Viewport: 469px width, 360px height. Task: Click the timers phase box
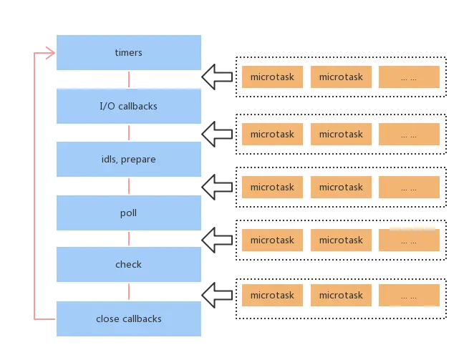click(x=129, y=52)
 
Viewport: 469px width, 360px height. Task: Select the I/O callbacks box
click(x=129, y=106)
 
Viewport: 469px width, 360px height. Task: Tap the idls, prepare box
click(x=129, y=159)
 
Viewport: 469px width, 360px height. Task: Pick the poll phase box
click(x=129, y=213)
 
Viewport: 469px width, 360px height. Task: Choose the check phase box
click(x=129, y=264)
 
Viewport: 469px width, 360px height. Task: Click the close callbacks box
click(x=129, y=318)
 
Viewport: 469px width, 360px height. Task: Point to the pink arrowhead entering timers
click(x=49, y=52)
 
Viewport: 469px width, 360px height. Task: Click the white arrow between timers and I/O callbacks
click(x=217, y=77)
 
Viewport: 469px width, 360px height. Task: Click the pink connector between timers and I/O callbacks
click(x=129, y=79)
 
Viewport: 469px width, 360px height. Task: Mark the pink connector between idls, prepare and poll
click(x=129, y=186)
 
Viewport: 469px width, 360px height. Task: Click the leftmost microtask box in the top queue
click(x=272, y=77)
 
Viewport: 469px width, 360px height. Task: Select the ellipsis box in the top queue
click(x=409, y=77)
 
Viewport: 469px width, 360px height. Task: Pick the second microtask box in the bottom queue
click(x=341, y=295)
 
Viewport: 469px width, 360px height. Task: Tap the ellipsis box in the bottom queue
click(x=409, y=295)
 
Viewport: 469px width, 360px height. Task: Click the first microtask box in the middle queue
click(x=272, y=187)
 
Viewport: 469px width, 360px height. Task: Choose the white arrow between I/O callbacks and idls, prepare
click(x=217, y=133)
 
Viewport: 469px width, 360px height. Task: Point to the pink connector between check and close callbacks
click(x=129, y=291)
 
